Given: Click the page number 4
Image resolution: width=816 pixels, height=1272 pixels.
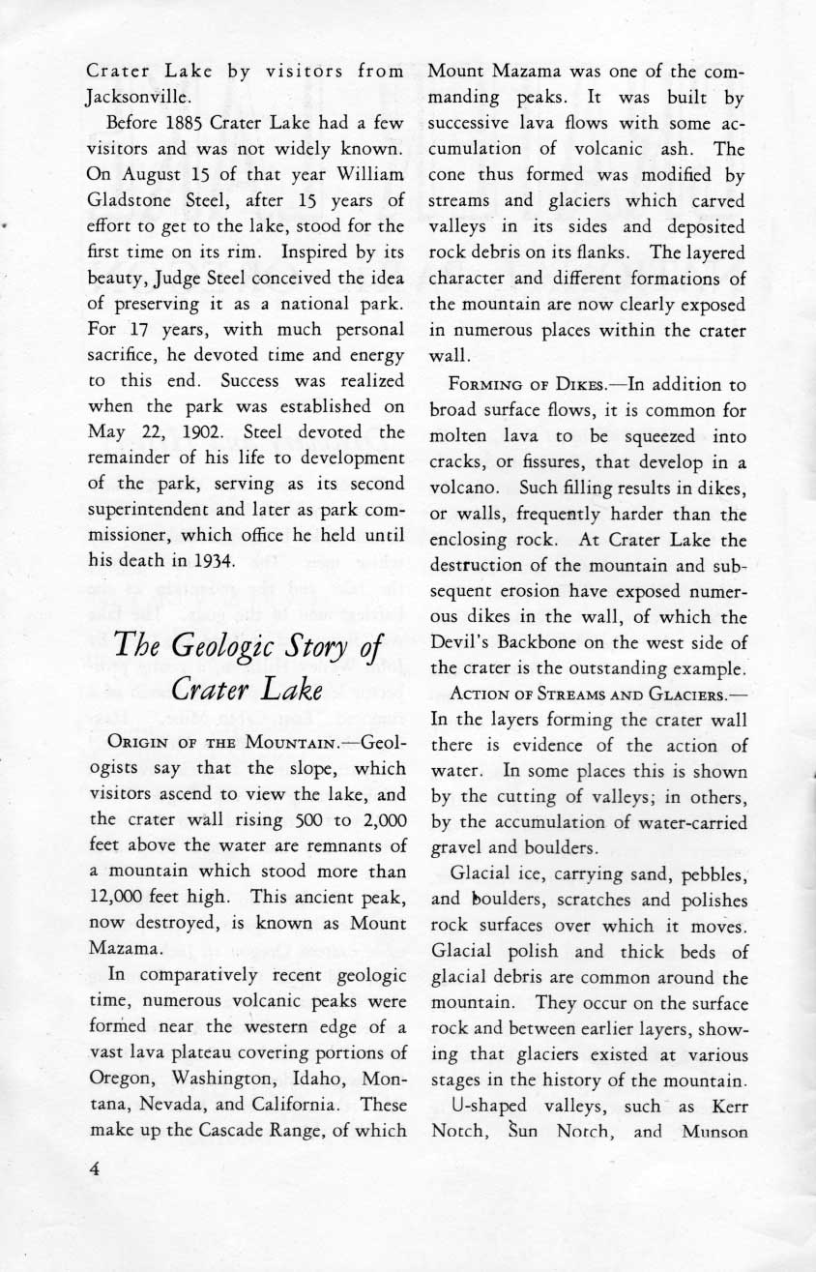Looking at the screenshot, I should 95,1168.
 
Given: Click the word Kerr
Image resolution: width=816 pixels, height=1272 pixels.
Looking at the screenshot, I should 726,1105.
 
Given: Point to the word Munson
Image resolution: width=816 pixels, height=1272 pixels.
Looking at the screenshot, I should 716,1130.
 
